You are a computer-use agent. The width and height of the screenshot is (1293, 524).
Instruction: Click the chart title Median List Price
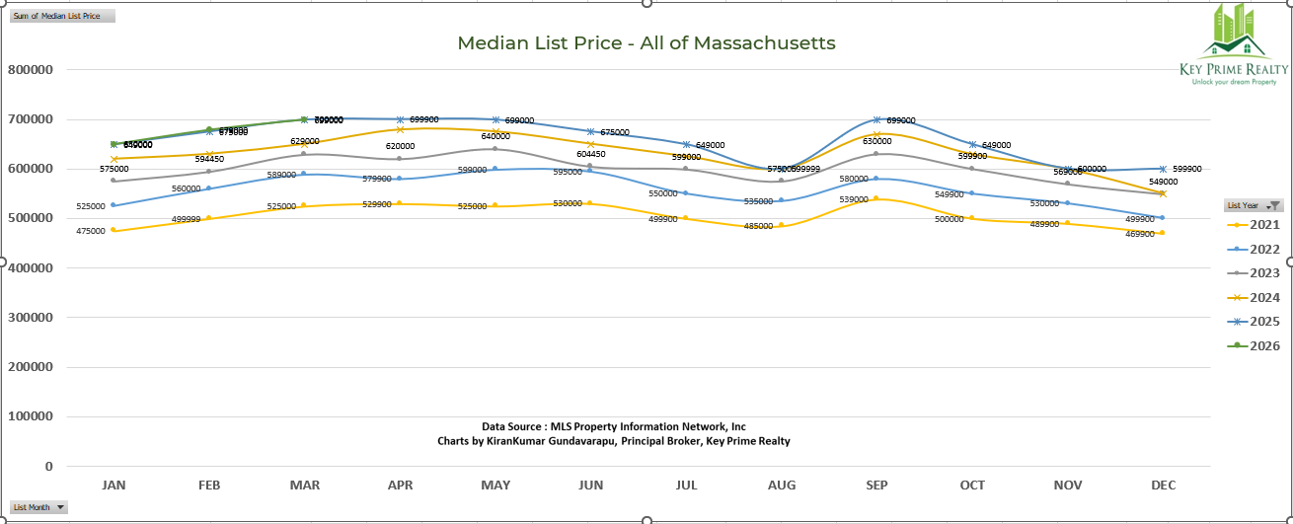[x=646, y=43]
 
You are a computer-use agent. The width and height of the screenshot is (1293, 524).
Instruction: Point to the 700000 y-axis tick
[x=32, y=119]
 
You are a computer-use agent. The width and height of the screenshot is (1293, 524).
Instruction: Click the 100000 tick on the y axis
[x=32, y=416]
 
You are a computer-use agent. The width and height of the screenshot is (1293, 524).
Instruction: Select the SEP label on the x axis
[x=876, y=486]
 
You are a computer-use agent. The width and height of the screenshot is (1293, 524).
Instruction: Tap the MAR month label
[x=304, y=486]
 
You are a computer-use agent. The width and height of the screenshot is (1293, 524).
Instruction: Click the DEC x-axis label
[x=1163, y=486]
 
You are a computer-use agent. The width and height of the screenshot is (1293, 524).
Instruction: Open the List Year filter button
[x=1274, y=205]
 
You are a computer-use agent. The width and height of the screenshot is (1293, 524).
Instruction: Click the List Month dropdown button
[x=61, y=507]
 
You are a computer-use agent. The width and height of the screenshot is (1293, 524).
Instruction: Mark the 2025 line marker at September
[x=876, y=119]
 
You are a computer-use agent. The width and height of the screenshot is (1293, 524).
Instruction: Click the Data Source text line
[x=614, y=426]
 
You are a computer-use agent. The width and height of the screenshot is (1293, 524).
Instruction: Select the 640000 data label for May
[x=495, y=136]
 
